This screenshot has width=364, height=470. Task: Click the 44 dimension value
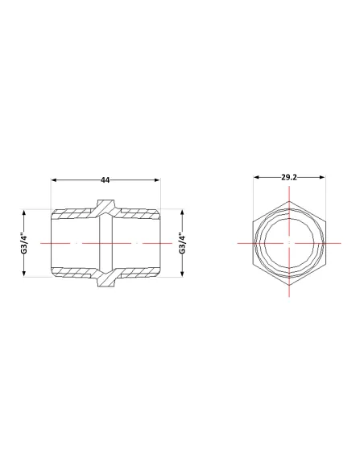pos(105,180)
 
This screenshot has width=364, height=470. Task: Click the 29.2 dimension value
pos(289,177)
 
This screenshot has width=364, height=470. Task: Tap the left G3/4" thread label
pos(25,243)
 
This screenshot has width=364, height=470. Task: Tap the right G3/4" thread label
pos(182,243)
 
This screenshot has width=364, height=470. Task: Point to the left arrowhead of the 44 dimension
pos(54,180)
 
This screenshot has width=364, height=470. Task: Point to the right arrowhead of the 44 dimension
pos(157,180)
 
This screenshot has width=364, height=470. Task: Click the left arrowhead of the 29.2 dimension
pos(256,177)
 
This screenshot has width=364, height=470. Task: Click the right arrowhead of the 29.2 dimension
pos(322,177)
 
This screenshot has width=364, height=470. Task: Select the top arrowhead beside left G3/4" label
pos(25,212)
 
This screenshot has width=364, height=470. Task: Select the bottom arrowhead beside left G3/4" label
pos(25,274)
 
